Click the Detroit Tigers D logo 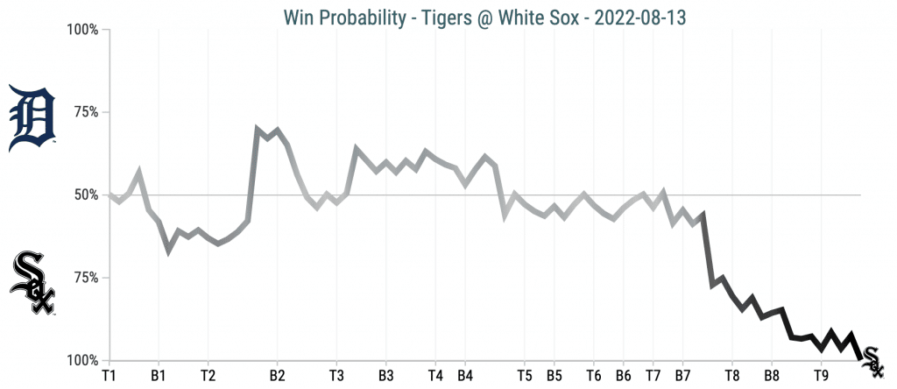pos(32,118)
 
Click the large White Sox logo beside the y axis pos(32,283)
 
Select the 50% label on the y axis pos(86,195)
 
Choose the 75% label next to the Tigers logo pos(86,113)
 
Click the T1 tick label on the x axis pos(109,375)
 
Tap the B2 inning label pos(277,375)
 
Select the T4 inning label pos(435,375)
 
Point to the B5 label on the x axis pos(554,375)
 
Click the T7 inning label pos(653,375)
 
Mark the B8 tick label pos(771,375)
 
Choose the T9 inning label pos(821,375)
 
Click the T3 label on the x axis pos(336,375)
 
